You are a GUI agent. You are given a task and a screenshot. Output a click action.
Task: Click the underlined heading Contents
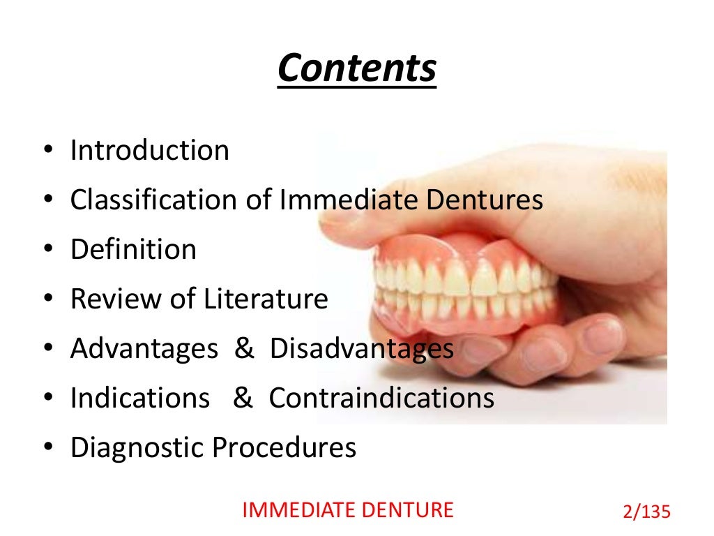coord(356,69)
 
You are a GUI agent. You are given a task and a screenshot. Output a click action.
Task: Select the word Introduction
coord(150,151)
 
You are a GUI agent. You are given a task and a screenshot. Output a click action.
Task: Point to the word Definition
coord(133,250)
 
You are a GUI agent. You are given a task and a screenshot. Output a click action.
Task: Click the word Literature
coord(266,299)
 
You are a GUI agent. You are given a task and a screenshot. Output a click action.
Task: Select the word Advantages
coord(144,349)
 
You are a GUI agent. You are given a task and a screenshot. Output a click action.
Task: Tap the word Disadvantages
coord(362,349)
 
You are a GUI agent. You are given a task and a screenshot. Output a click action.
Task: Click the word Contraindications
coord(381,399)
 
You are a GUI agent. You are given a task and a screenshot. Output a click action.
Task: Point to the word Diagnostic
coord(137,448)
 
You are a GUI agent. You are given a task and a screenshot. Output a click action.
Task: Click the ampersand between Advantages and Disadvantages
coord(244,349)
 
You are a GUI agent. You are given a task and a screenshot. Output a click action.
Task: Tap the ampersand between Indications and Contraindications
coord(242,399)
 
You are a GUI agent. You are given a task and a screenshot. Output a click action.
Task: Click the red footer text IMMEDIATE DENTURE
coord(347,510)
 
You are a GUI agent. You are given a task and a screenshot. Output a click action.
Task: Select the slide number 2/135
coord(645,512)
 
